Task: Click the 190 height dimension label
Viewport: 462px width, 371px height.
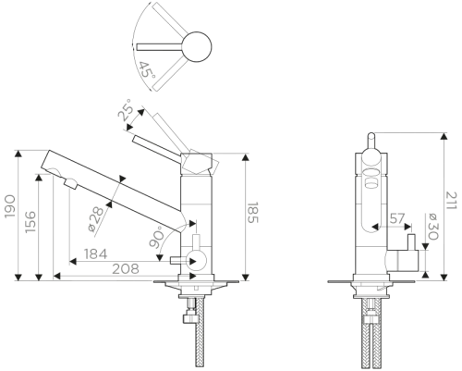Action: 10,206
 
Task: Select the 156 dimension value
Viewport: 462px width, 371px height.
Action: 30,222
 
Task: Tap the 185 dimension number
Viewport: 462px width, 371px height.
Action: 253,213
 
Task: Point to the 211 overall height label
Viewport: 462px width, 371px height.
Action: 452,201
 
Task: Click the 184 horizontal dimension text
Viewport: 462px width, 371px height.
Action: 96,254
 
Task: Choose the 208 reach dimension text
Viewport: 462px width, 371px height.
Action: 126,269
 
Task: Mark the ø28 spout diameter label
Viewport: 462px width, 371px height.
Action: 96,219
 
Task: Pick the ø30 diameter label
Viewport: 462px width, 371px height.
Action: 432,227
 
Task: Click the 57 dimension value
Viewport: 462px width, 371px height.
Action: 397,218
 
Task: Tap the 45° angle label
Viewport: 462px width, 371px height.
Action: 146,70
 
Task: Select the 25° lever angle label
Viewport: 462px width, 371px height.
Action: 126,109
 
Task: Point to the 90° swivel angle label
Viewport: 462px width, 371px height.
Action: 156,237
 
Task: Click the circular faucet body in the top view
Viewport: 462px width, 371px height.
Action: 197,47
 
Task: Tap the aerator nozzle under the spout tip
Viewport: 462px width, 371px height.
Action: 71,184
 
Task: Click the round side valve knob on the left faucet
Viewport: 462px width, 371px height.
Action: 198,261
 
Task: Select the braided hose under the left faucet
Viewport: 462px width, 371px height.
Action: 200,332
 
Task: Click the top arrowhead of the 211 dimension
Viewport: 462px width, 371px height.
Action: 444,137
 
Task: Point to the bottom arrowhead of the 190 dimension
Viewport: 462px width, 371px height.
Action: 18,277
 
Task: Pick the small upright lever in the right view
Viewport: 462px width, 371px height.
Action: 411,242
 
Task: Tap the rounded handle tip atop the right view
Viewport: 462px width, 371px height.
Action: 371,136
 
